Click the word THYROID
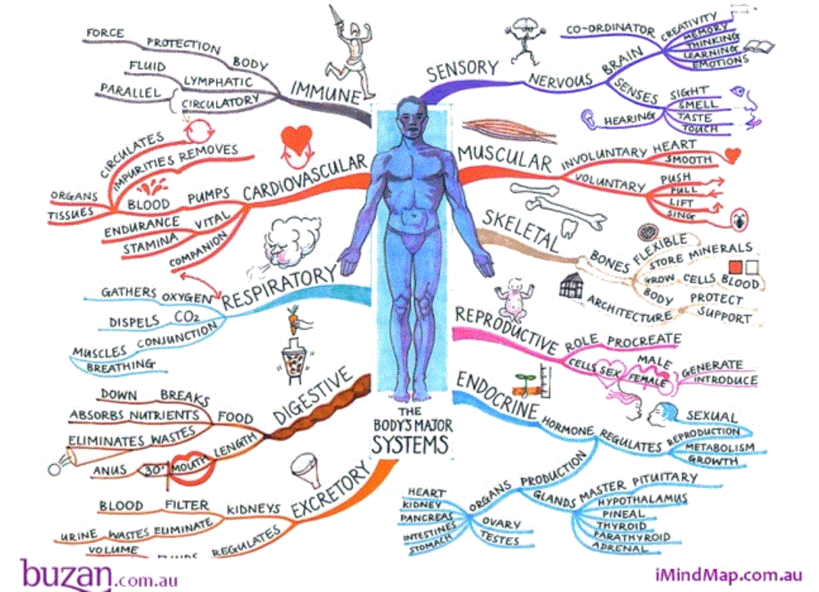621,525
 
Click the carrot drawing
292,316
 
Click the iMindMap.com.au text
728,575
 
